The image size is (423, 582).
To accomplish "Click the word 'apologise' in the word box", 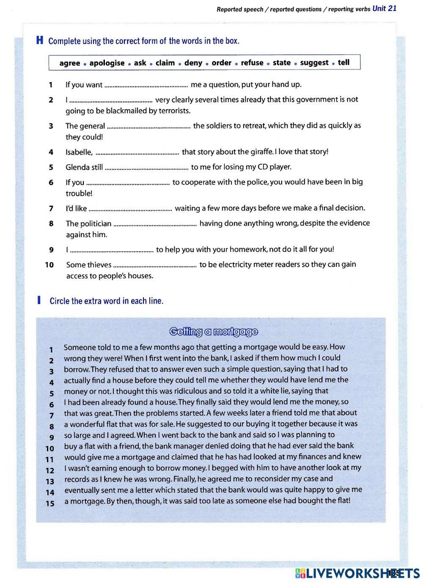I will (107, 63).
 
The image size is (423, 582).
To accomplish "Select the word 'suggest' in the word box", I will (314, 63).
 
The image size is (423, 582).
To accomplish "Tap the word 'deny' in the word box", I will (193, 63).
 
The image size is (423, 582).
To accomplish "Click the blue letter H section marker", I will (40, 41).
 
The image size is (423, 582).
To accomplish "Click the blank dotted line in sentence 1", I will (146, 85).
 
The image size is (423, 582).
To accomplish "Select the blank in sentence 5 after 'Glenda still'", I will (146, 168).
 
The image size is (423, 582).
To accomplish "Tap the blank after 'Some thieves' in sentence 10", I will (155, 266).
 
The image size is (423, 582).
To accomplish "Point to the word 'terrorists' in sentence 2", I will (172, 111).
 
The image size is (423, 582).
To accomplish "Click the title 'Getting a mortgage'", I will (213, 332).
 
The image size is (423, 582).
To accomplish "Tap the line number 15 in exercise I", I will (50, 504).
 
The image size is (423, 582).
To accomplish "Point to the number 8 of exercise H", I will (51, 224).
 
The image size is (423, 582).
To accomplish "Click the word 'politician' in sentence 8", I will (95, 224).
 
